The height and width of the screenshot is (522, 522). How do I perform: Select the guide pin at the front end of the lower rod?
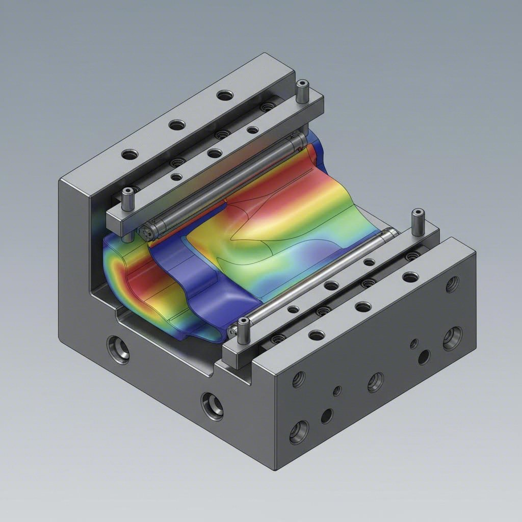point(244,330)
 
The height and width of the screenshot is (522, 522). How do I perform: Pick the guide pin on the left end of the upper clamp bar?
point(127,199)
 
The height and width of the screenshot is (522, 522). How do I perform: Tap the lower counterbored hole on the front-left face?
point(212,405)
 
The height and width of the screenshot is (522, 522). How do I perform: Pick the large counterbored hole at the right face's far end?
point(452,338)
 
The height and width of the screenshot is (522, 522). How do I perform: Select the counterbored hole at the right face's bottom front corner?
point(299,433)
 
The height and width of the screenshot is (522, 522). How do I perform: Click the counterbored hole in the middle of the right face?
point(376,382)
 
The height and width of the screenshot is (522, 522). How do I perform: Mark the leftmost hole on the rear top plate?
point(130,153)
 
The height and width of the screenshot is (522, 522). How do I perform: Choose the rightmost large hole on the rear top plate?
point(224,95)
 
